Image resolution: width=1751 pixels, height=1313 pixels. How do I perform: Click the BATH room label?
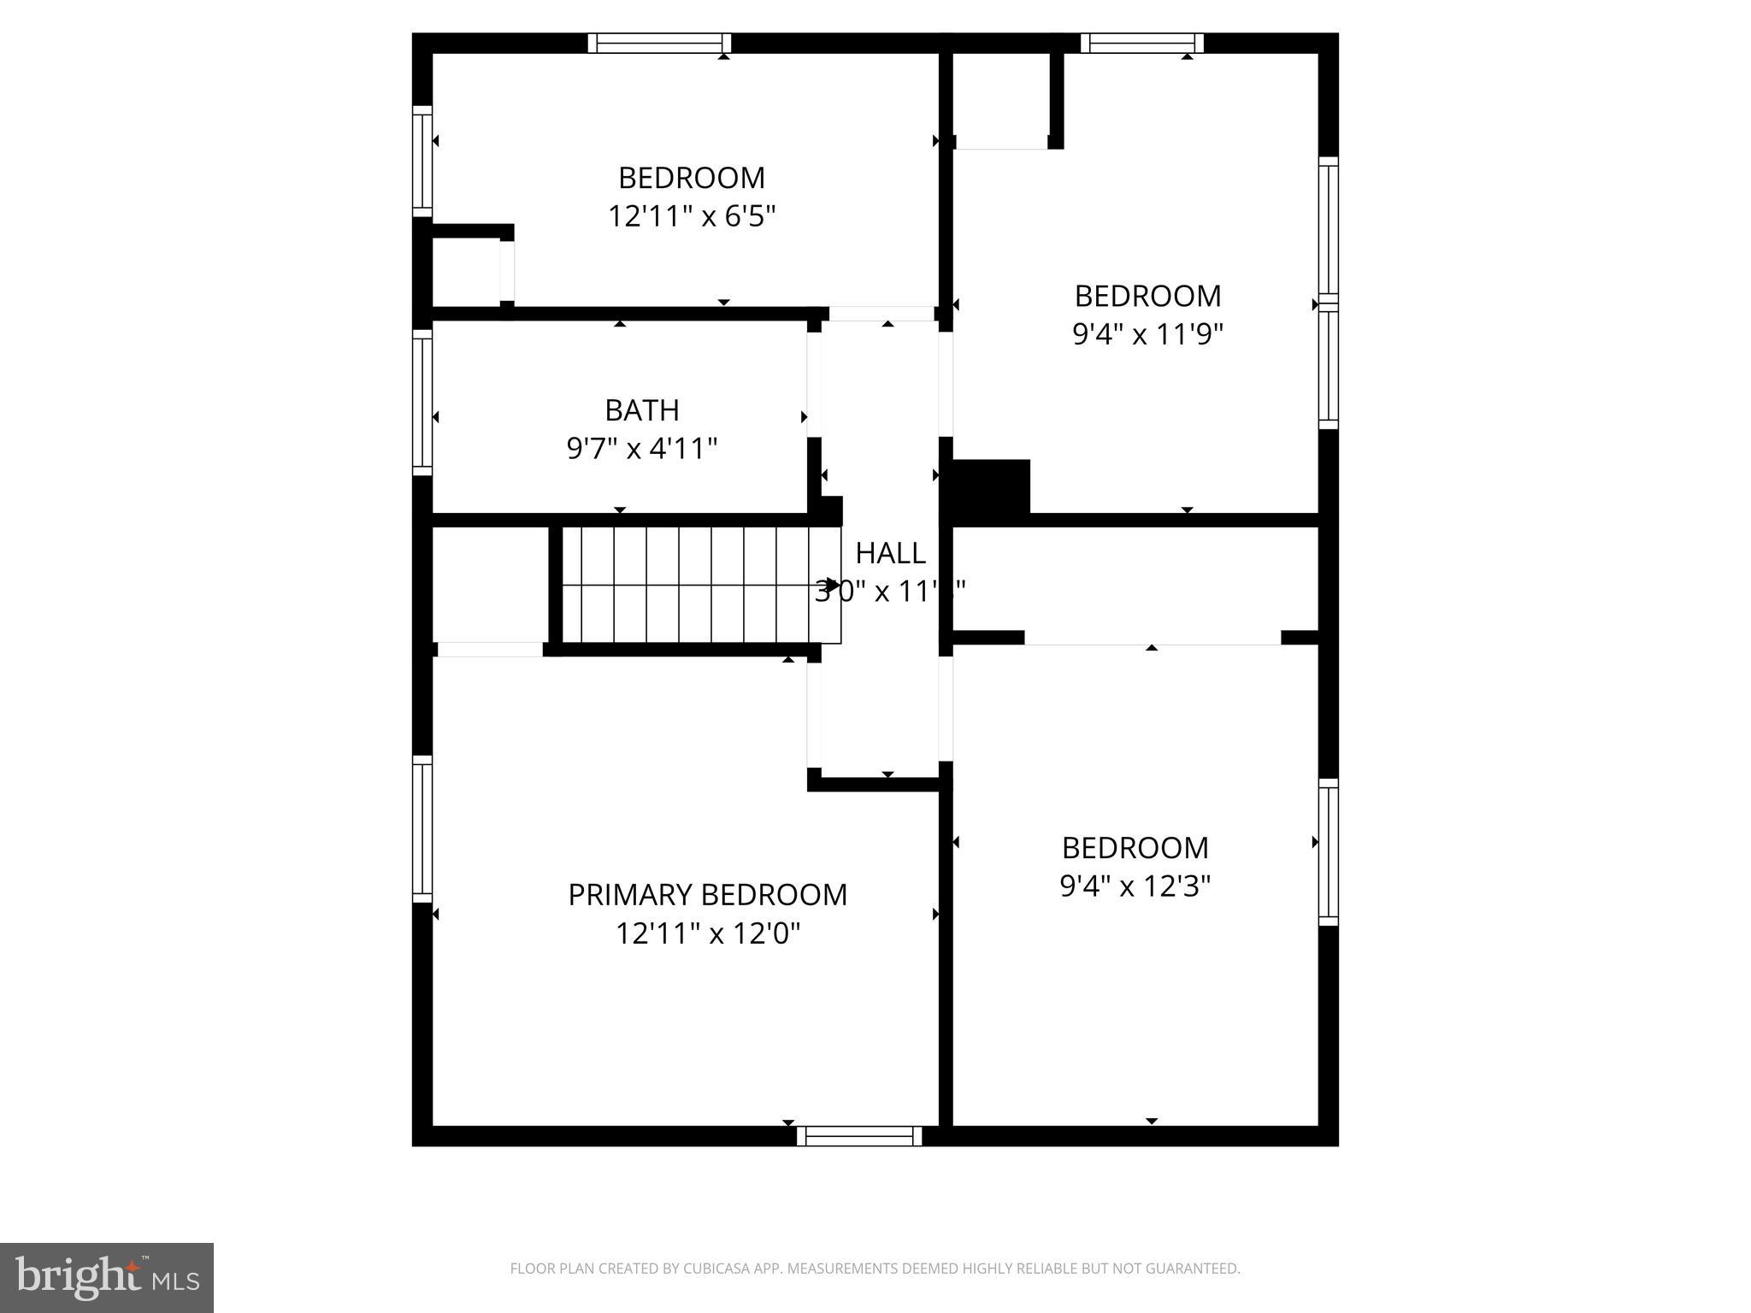[642, 410]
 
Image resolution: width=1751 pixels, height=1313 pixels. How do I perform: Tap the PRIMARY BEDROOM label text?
[707, 895]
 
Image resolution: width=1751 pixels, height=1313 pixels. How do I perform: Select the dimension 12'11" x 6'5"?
[691, 216]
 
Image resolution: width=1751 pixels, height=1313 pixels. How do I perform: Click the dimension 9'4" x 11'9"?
[1147, 334]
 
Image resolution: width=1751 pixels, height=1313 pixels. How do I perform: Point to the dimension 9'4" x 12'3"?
[1135, 886]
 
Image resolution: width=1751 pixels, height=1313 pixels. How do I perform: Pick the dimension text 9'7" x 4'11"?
[642, 448]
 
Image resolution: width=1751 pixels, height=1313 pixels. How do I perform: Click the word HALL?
[890, 553]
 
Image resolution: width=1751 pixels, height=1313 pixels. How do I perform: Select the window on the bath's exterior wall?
[422, 403]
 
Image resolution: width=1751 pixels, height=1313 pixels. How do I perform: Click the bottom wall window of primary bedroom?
[859, 1135]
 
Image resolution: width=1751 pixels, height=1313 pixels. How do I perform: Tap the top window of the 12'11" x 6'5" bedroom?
[659, 43]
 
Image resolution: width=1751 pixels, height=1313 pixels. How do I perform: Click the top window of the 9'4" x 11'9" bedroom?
[1141, 43]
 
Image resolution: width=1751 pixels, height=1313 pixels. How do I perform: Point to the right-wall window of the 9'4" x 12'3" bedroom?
[1328, 852]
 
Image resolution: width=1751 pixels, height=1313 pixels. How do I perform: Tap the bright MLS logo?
[107, 1278]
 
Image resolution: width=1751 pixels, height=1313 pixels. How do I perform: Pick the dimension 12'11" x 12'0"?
[707, 933]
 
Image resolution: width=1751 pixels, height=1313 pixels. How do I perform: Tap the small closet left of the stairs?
[489, 585]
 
